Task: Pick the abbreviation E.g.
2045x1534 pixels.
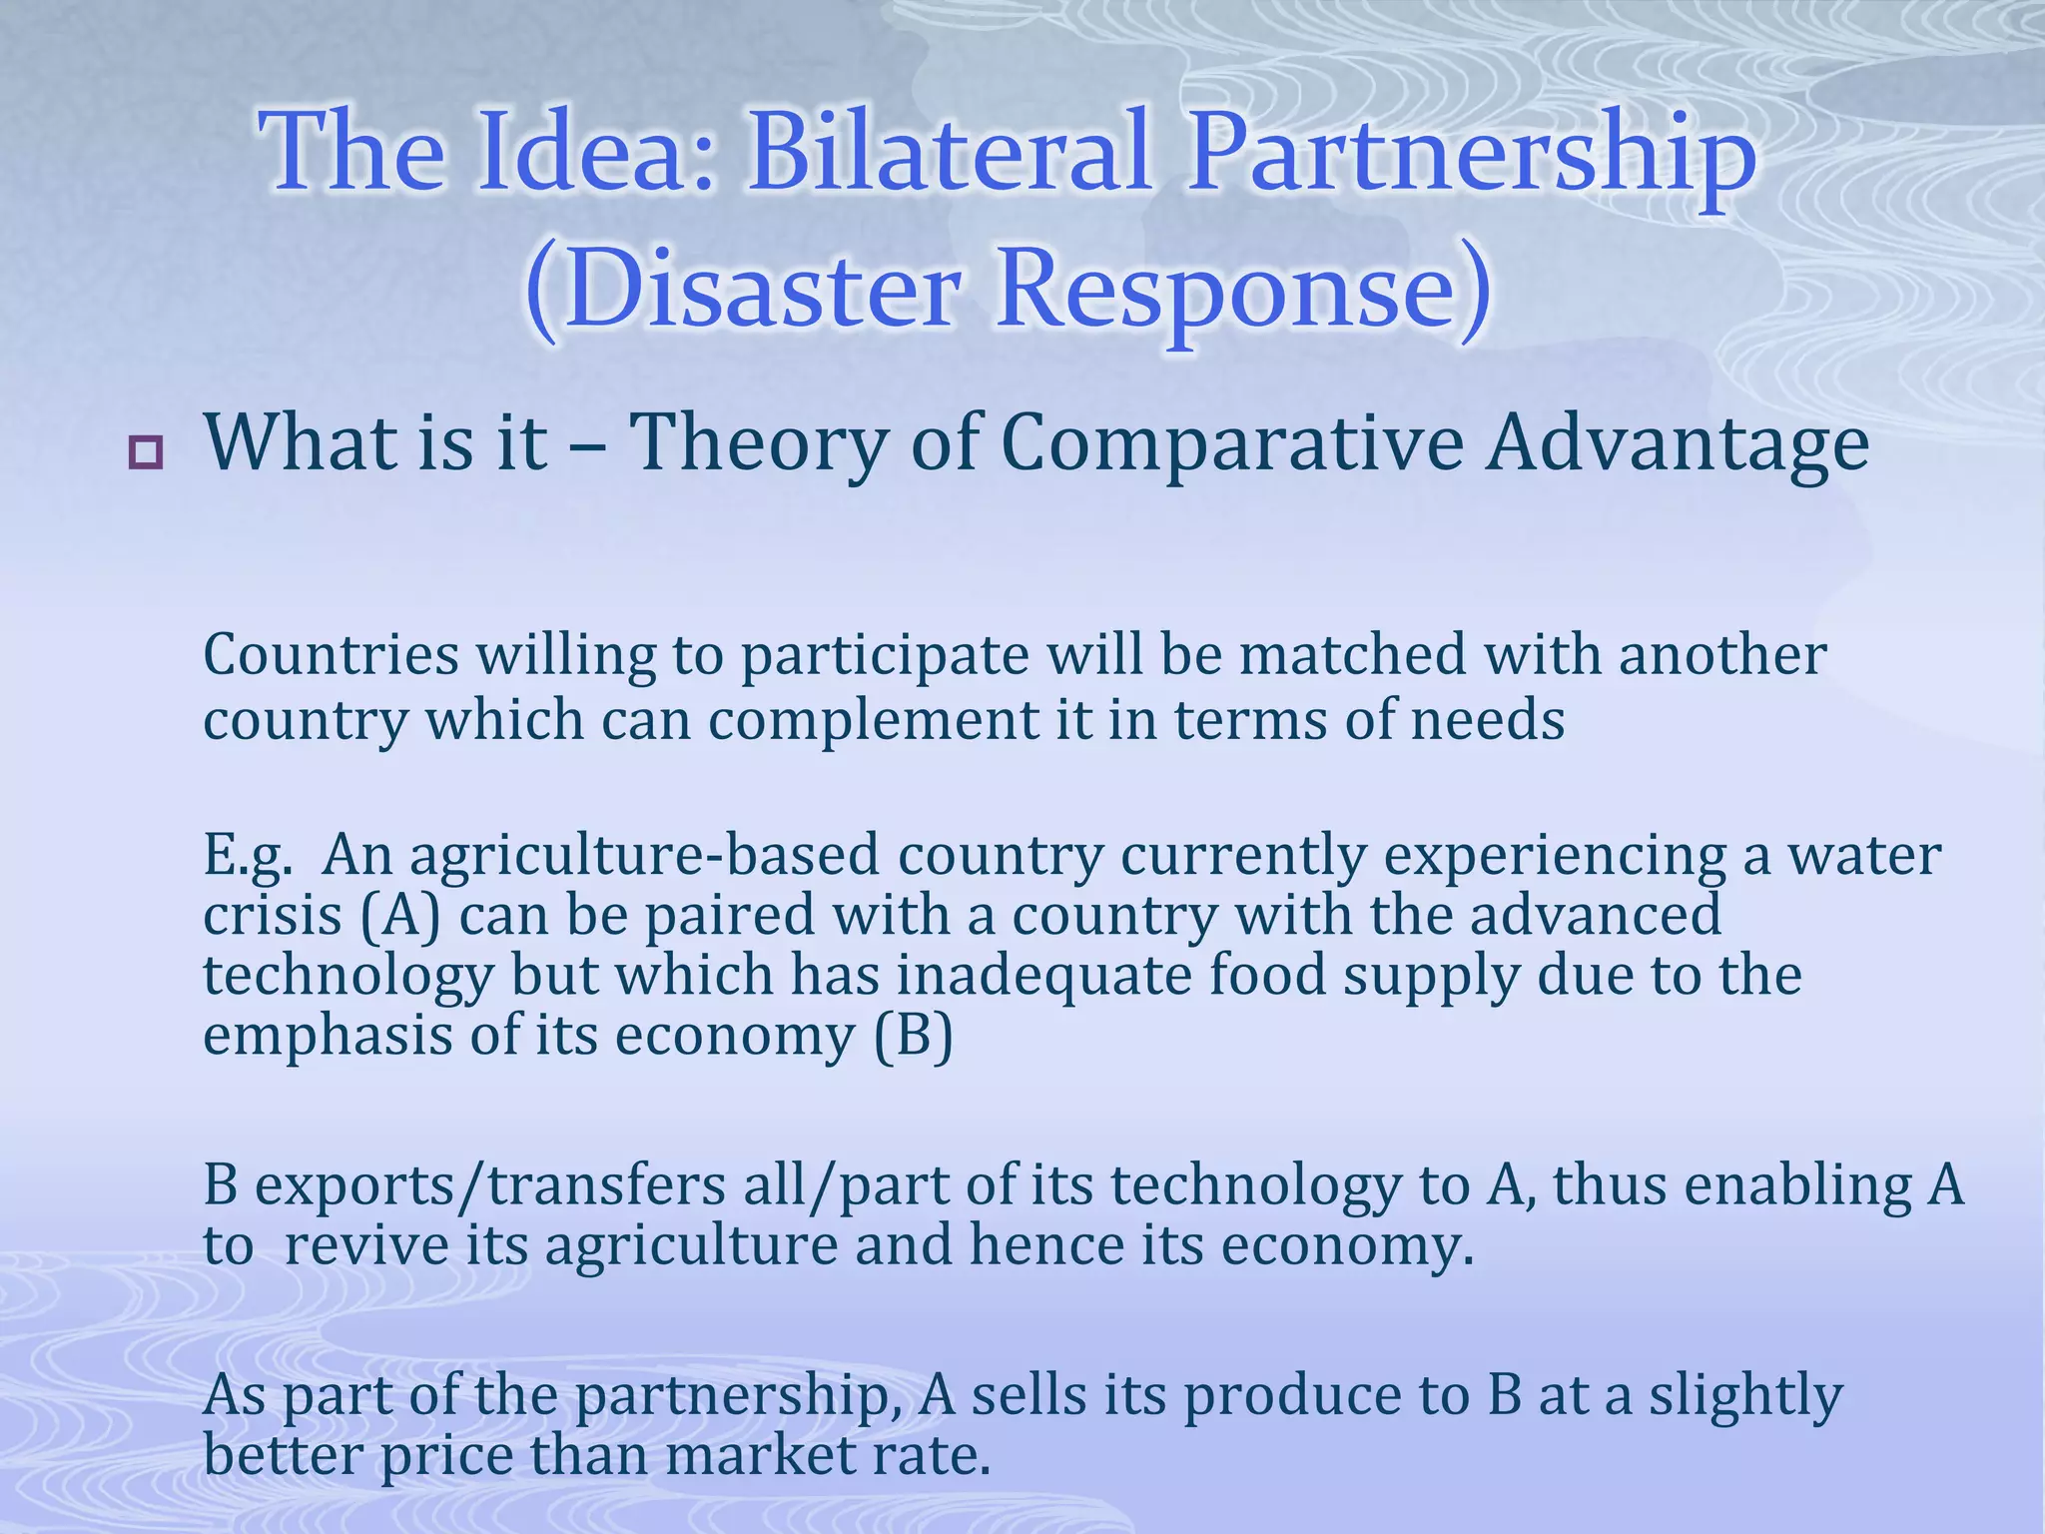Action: tap(249, 857)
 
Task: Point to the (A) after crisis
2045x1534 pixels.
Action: tap(399, 916)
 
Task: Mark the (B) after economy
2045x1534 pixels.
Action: tap(913, 1036)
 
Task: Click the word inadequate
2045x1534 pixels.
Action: tap(1043, 976)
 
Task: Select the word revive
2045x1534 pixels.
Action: tap(365, 1246)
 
